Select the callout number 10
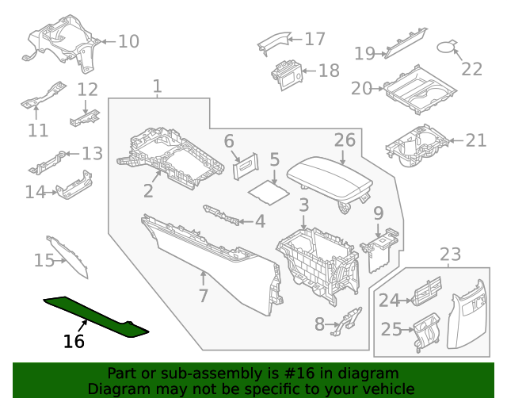click(x=128, y=40)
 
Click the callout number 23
click(x=450, y=255)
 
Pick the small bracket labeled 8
click(x=346, y=320)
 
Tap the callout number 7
click(x=203, y=297)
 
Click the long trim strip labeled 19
click(x=406, y=44)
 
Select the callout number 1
click(x=157, y=86)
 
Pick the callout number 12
click(x=87, y=90)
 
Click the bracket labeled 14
click(x=74, y=186)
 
